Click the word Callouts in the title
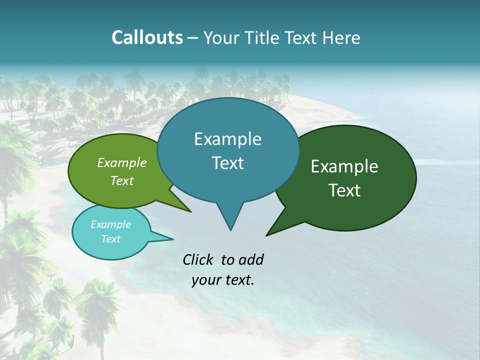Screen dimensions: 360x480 coord(147,37)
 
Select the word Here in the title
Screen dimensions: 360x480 coord(342,37)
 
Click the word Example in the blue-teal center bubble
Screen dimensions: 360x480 coord(227,139)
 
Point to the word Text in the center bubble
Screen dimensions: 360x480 coord(227,163)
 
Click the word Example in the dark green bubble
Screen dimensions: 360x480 coord(344,166)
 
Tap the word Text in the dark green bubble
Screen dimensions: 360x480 coord(344,190)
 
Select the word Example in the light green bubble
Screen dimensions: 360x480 coord(122,163)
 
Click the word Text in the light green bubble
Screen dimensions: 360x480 coord(122,180)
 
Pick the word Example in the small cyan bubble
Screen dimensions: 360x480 coord(111,224)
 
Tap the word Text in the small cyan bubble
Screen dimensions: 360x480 coord(111,239)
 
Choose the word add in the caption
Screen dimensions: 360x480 coord(251,259)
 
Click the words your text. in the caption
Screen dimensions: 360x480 coord(223,280)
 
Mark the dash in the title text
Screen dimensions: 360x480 coord(193,38)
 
